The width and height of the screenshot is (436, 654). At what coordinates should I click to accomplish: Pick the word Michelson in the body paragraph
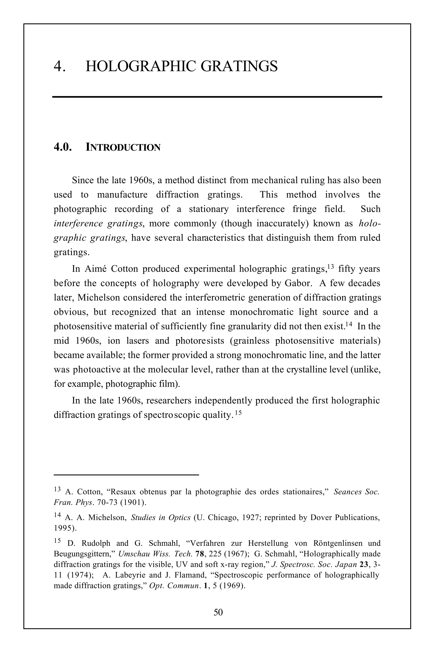click(x=98, y=298)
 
